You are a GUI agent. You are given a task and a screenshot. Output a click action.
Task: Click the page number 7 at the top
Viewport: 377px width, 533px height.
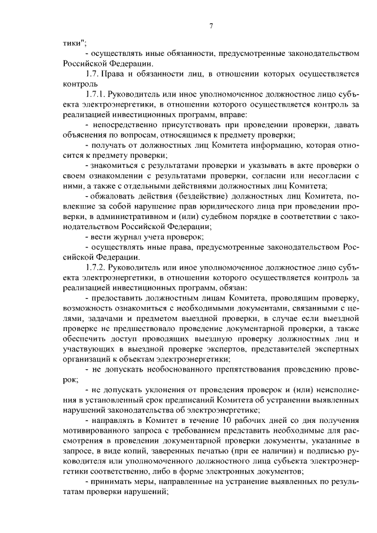[x=210, y=25]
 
